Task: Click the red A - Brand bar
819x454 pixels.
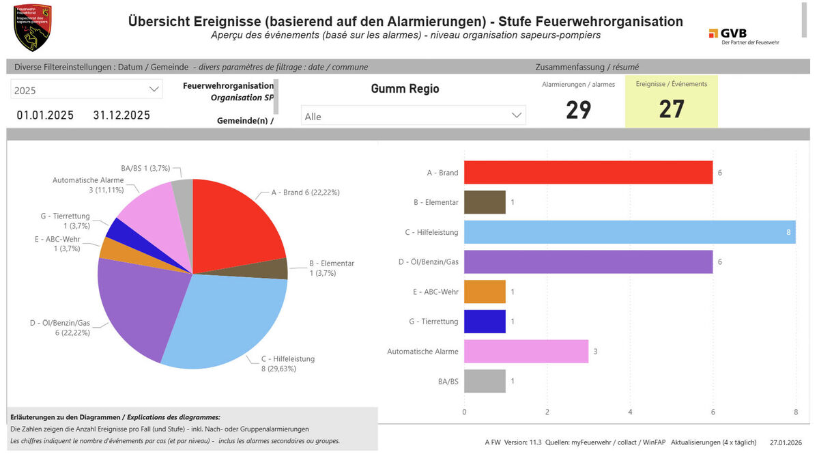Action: pyautogui.click(x=588, y=173)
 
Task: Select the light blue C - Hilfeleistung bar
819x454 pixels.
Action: pyautogui.click(x=629, y=232)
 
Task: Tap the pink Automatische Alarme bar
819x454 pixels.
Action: pyautogui.click(x=526, y=352)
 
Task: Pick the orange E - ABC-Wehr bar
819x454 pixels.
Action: pyautogui.click(x=485, y=292)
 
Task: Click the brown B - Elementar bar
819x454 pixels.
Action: pyautogui.click(x=485, y=203)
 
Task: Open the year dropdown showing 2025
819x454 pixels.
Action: pyautogui.click(x=87, y=89)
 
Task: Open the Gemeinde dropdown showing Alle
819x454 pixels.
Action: pyautogui.click(x=413, y=116)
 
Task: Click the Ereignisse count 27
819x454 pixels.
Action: pyautogui.click(x=672, y=109)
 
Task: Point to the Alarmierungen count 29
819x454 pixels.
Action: pyautogui.click(x=578, y=109)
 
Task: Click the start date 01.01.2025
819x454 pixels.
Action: pyautogui.click(x=46, y=115)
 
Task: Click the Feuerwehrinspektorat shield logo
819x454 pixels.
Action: pyautogui.click(x=32, y=27)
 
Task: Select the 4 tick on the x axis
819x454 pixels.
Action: pyautogui.click(x=630, y=412)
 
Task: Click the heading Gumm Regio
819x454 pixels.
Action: pyautogui.click(x=405, y=89)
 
